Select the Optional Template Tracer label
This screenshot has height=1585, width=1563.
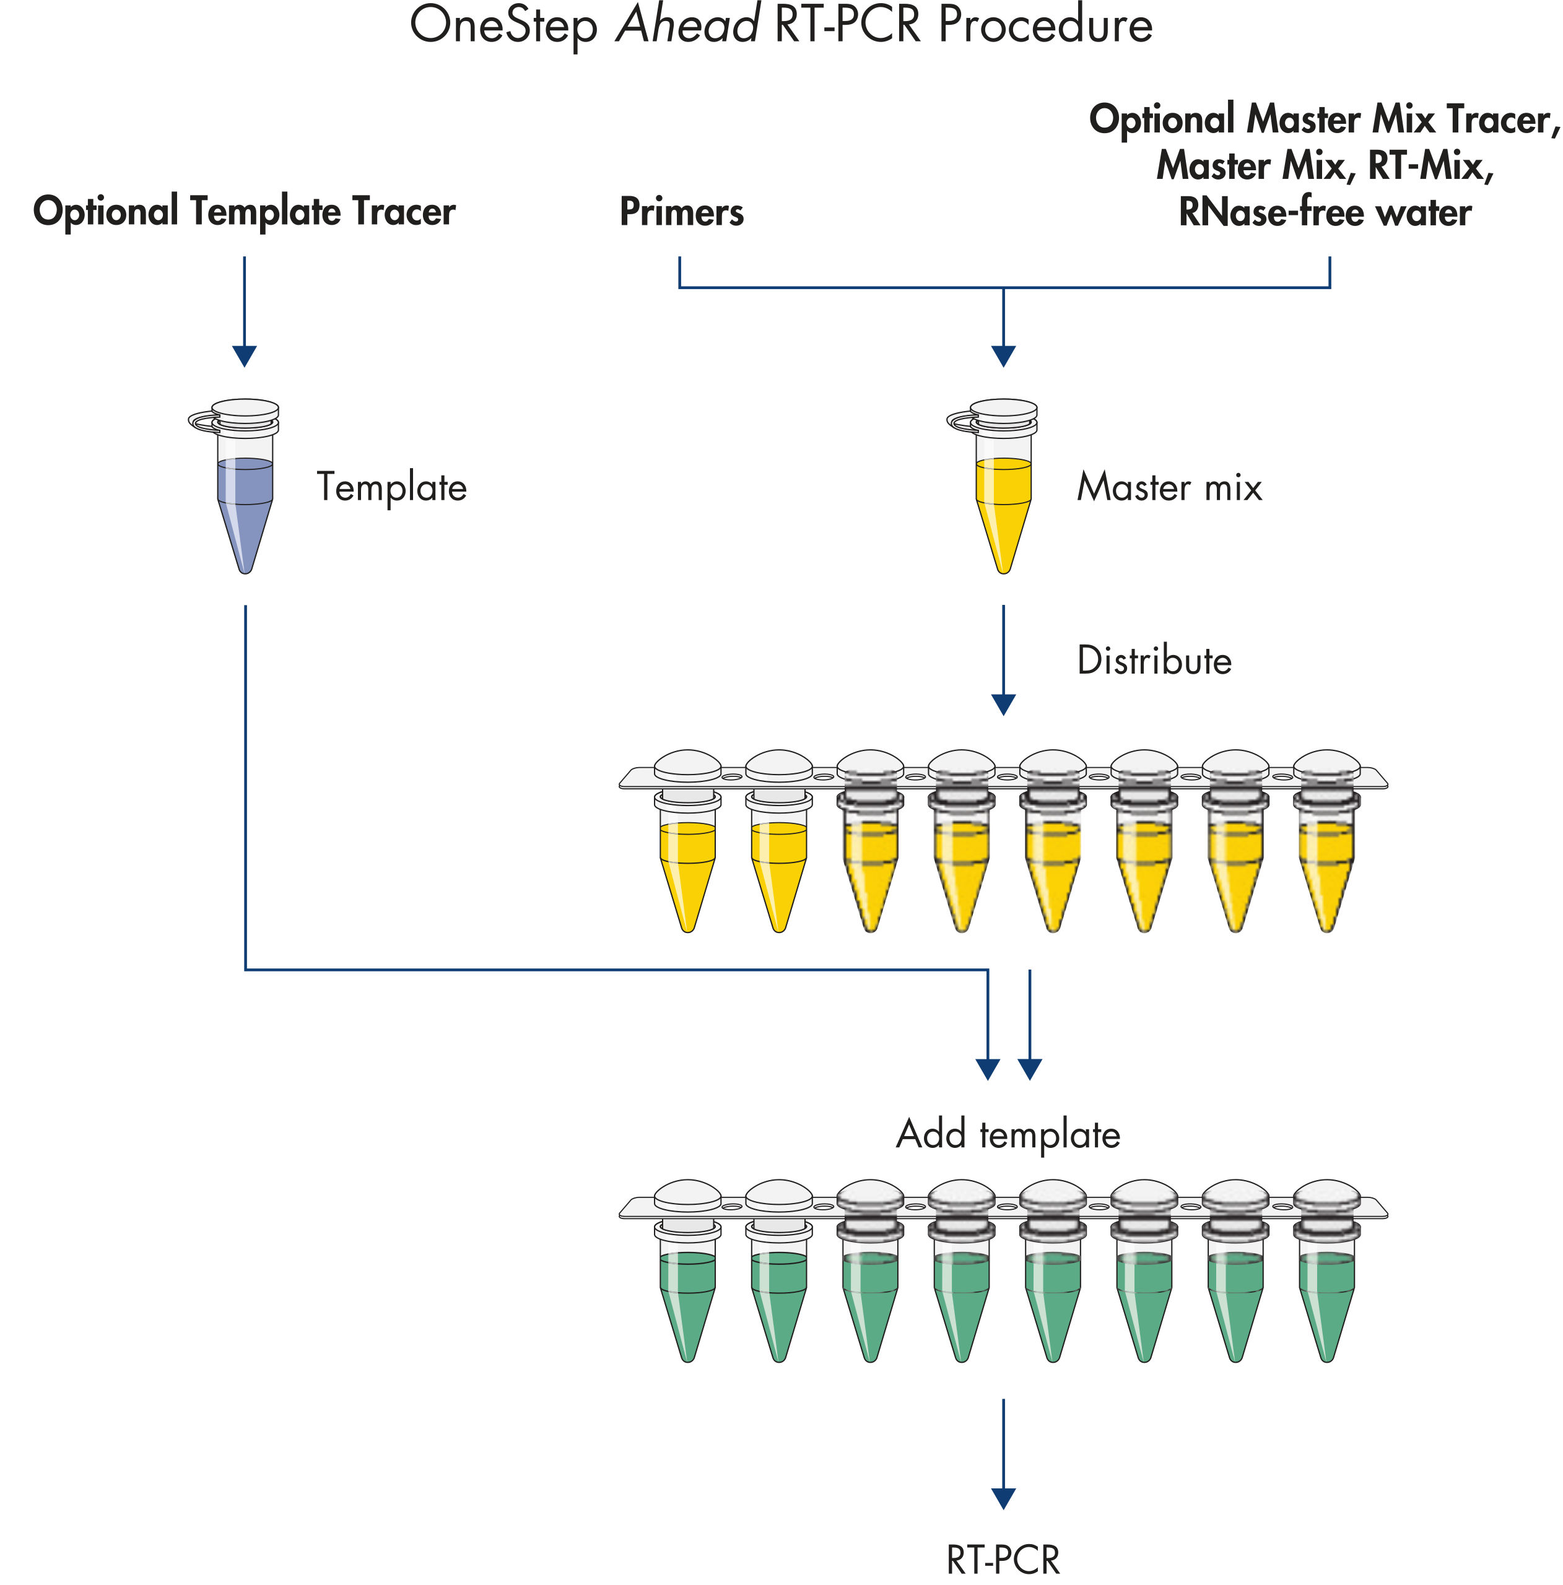pyautogui.click(x=244, y=211)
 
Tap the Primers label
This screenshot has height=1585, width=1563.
pyautogui.click(x=681, y=212)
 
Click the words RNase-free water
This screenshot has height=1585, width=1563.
pyautogui.click(x=1323, y=212)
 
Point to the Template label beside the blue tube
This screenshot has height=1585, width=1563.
pyautogui.click(x=391, y=487)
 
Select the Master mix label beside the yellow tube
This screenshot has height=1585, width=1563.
pyautogui.click(x=1169, y=487)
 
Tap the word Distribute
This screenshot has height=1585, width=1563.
pyautogui.click(x=1154, y=661)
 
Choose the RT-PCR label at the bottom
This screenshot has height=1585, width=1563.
pyautogui.click(x=1003, y=1559)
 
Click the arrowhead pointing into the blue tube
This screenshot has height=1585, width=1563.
pyautogui.click(x=245, y=355)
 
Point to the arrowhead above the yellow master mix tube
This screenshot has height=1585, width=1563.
pyautogui.click(x=1003, y=355)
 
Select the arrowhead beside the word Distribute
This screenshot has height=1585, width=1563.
pyautogui.click(x=1003, y=704)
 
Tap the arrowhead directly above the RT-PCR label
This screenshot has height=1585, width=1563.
pyautogui.click(x=1003, y=1498)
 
